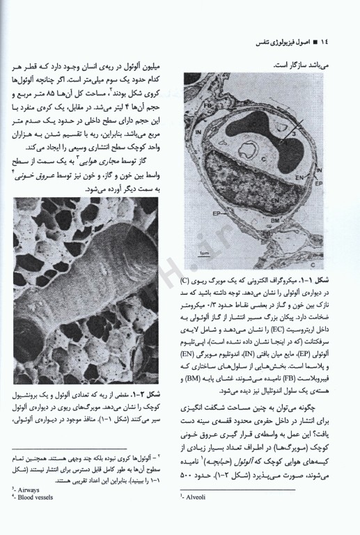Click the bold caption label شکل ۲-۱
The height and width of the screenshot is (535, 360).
tap(158, 397)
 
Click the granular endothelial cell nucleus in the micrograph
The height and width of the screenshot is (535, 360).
tap(251, 195)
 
